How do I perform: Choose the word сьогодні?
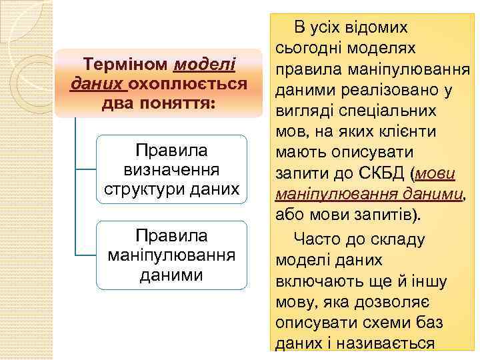(x=310, y=48)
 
